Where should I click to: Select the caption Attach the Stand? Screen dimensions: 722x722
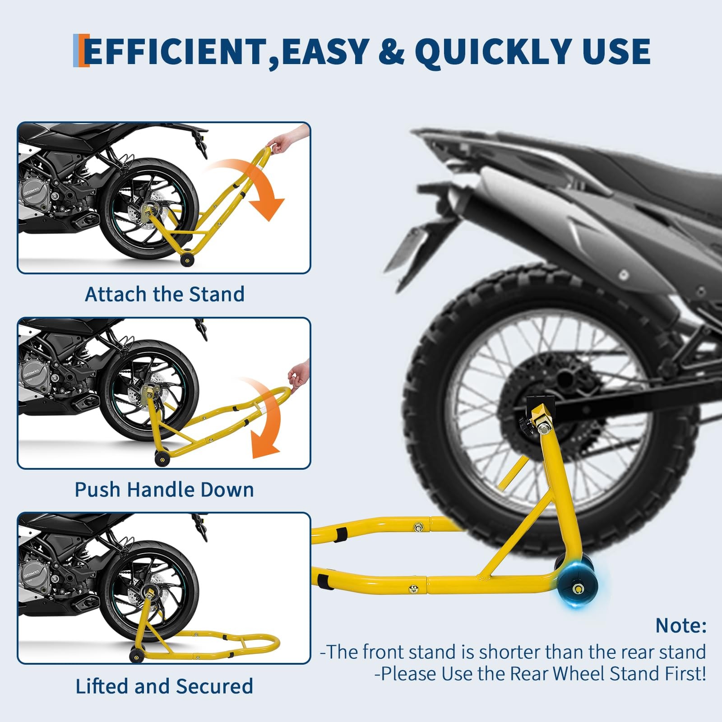165,294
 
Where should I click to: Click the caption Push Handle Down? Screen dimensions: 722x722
164,490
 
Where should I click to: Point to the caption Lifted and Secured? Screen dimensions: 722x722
164,686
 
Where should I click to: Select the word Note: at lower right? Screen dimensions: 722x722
680,625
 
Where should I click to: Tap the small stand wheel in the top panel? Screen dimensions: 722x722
186,260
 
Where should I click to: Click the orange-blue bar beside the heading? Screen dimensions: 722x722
81,51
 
